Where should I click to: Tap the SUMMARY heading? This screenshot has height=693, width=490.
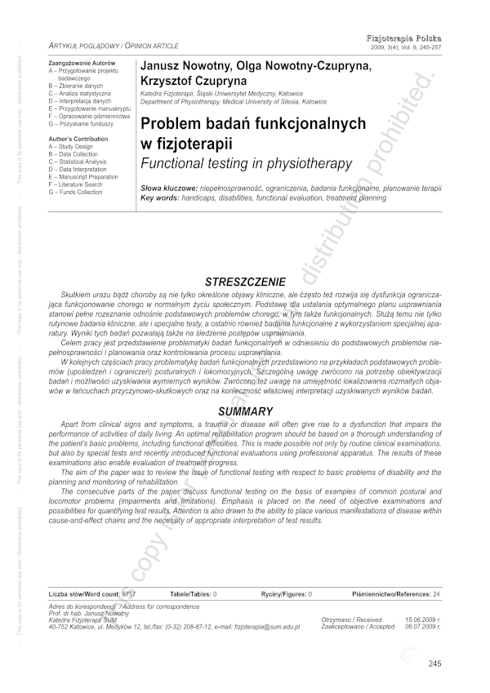click(x=245, y=389)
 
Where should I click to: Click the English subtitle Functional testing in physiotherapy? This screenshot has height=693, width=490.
click(x=247, y=163)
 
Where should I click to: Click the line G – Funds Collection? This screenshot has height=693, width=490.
click(x=76, y=192)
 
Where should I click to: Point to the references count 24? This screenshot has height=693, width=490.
click(x=436, y=594)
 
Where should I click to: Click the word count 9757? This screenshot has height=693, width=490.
click(x=128, y=594)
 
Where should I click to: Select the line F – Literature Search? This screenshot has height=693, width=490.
click(x=78, y=184)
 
